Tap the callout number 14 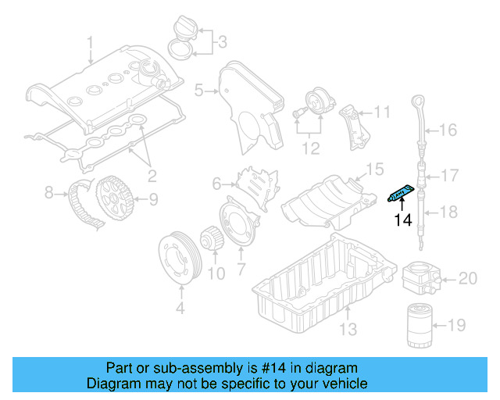coord(402,220)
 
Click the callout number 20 coord(467,277)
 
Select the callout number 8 coord(49,190)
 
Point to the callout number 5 coord(198,91)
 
